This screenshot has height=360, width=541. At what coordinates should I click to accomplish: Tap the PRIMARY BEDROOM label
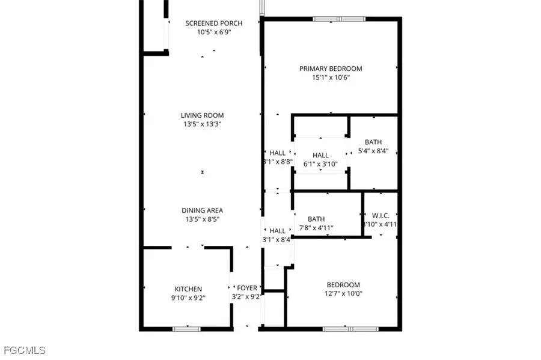point(331,69)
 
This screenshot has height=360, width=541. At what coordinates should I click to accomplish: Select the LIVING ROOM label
point(203,115)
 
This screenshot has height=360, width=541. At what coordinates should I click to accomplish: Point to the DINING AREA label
point(203,210)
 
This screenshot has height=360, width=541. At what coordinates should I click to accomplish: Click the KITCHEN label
point(188,289)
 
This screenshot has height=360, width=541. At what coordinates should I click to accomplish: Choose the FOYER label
point(247,288)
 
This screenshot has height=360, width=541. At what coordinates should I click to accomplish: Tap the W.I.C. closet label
point(381,215)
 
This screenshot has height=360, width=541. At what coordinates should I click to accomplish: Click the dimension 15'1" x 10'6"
point(331,78)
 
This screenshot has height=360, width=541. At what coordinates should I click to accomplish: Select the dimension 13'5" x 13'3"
point(203,124)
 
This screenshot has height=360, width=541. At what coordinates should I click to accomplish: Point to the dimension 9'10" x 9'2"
point(188,297)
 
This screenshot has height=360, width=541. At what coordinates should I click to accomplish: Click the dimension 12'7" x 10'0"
point(343,294)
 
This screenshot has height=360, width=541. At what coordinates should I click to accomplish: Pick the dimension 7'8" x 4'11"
point(316,228)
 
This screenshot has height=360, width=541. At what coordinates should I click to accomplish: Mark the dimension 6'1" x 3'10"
point(320,164)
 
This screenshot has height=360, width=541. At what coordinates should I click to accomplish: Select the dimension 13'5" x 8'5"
point(203,219)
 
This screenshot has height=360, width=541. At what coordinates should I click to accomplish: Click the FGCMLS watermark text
point(24,350)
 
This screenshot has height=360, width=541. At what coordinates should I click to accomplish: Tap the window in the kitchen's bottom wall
point(186,328)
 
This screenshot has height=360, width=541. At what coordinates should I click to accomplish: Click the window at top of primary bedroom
point(339,19)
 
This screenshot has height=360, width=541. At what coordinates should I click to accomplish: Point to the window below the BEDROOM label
point(351,328)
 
